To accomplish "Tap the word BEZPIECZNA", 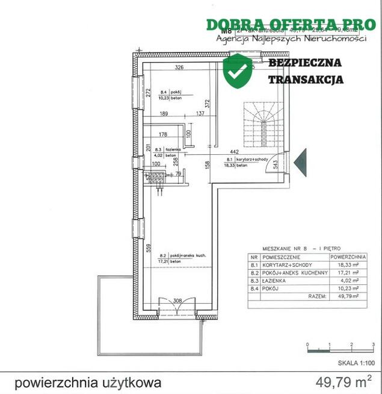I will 305,63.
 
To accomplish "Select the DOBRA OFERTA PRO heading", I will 291,25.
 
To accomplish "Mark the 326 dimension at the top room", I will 179,67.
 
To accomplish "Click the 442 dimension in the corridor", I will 236,152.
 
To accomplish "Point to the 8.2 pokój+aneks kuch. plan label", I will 179,255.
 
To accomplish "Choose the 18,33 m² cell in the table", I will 345,264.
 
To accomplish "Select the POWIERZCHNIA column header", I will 345,255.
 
